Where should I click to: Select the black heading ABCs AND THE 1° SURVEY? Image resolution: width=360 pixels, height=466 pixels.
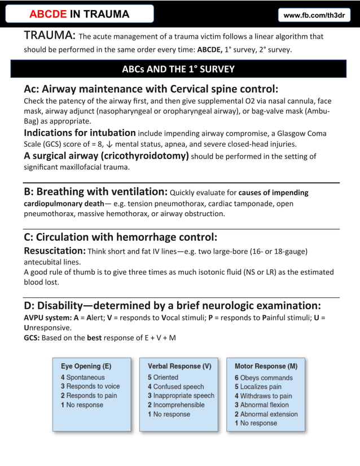point(178,69)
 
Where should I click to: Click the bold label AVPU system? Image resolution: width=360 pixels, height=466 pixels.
point(47,317)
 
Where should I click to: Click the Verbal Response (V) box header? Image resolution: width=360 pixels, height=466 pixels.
point(179,366)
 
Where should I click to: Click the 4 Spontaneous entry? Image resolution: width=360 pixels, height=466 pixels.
point(82,377)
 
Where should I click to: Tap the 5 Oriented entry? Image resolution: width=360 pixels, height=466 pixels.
point(163,377)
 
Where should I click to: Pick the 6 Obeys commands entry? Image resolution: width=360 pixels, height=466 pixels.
point(264,377)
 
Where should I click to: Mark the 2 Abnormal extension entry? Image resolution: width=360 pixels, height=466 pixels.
point(266,414)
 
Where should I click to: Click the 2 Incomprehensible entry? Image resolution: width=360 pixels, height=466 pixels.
point(176,405)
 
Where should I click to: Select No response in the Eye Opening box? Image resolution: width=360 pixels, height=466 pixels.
point(82,405)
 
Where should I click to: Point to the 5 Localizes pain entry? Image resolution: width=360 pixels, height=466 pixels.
point(258,386)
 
